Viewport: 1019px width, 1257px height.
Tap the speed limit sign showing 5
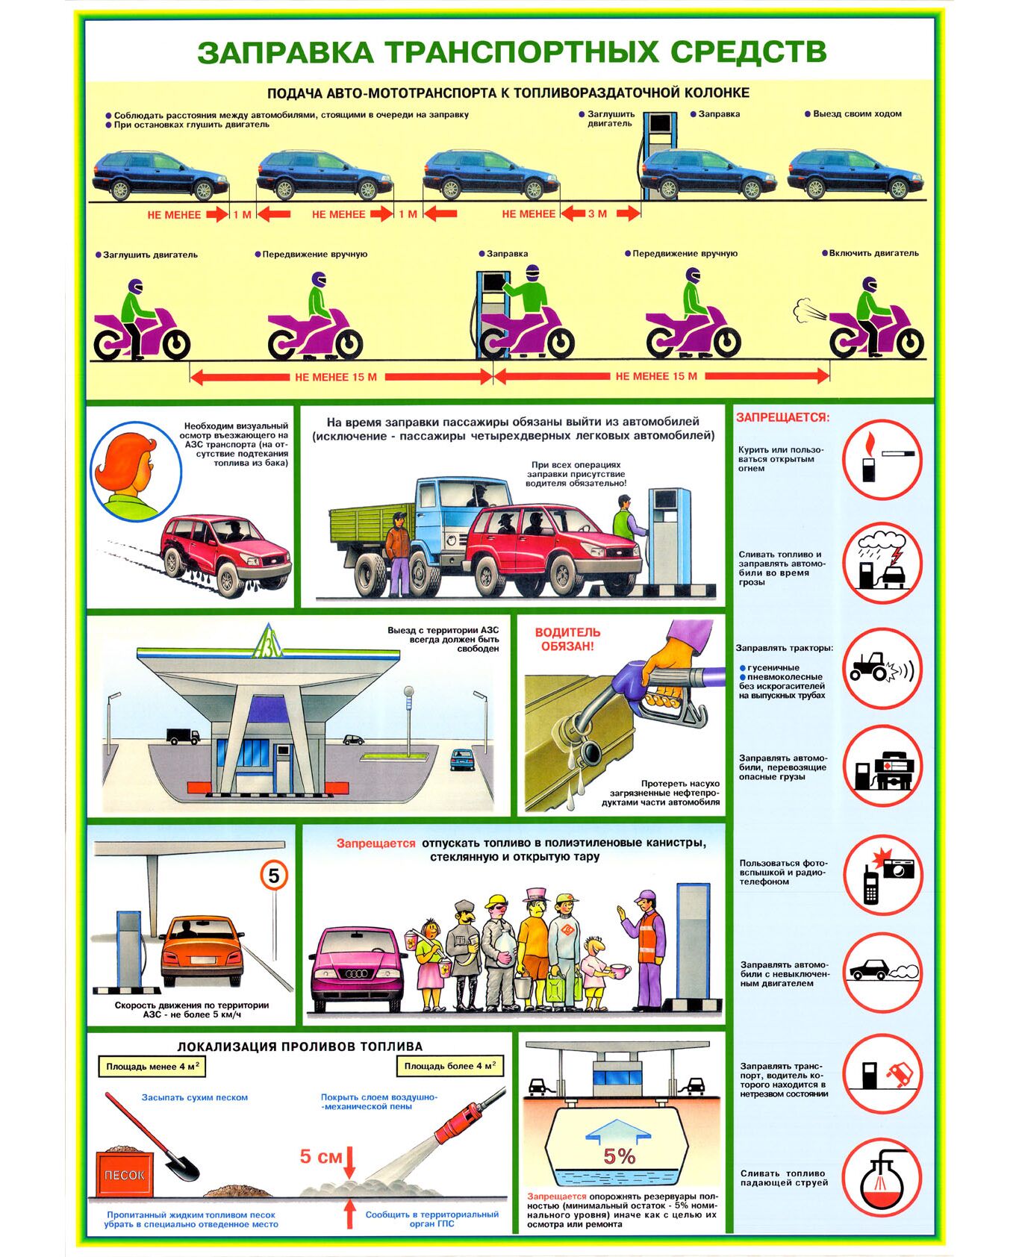[274, 876]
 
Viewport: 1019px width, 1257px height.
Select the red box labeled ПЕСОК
[125, 1174]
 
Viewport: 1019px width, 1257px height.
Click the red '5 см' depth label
[321, 1156]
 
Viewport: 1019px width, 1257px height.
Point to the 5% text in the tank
[619, 1156]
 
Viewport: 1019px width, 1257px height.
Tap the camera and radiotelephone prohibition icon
[882, 874]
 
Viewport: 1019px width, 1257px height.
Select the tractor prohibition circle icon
[882, 668]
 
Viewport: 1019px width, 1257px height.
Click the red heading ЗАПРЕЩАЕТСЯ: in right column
[782, 417]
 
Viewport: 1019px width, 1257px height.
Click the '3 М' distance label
[597, 213]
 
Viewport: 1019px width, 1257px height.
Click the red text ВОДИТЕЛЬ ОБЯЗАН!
[567, 639]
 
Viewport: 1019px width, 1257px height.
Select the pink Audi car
[357, 968]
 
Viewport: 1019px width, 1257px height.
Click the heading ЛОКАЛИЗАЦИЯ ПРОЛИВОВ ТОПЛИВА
[299, 1047]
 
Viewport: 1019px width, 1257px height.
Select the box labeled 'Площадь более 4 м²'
[449, 1066]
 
